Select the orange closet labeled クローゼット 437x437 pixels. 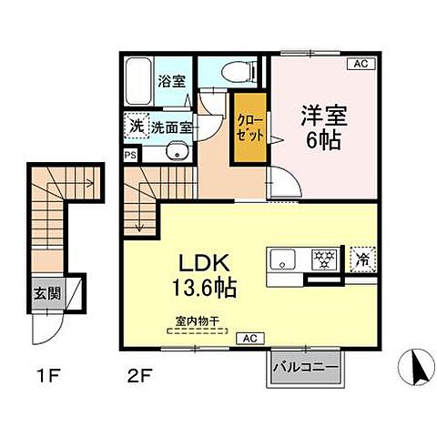pos(249,127)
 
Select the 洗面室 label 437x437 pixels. pos(171,127)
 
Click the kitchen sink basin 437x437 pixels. pos(284,259)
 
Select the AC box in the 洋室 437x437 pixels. pos(360,64)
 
